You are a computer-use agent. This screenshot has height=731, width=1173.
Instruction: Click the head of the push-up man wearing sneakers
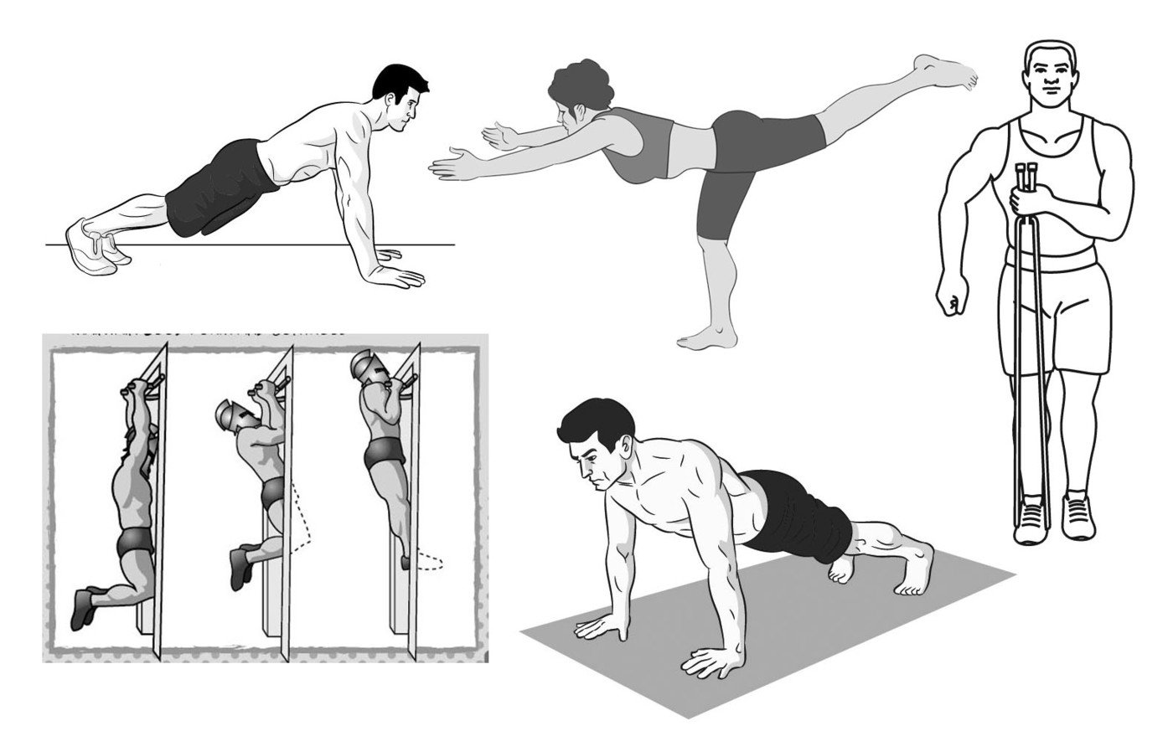[400, 99]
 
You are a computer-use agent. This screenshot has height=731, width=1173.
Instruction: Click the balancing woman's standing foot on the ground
[708, 337]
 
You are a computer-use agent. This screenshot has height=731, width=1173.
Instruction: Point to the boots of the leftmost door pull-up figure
[84, 607]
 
